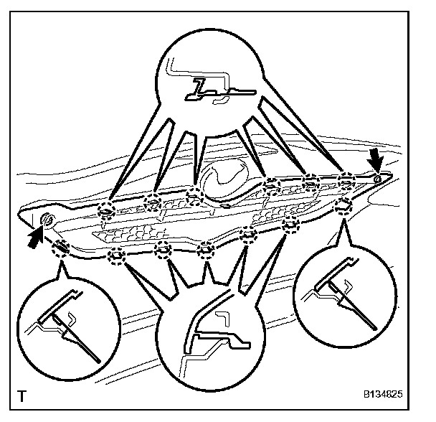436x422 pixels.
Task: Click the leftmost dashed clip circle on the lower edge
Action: coord(62,248)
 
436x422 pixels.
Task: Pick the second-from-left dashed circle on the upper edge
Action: coord(151,202)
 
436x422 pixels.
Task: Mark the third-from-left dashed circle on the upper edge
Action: coord(193,195)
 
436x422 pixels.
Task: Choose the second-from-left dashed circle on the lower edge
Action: coord(115,255)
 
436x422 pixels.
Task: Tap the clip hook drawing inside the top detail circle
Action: coord(216,88)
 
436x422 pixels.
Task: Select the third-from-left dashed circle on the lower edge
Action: coord(163,250)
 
